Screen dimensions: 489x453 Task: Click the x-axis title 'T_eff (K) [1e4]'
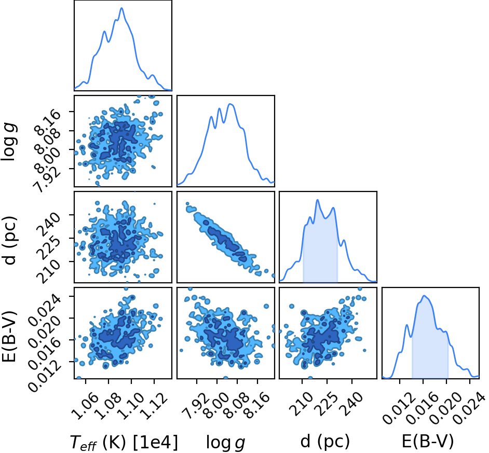click(x=124, y=442)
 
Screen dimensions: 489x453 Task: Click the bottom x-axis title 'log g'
click(x=225, y=443)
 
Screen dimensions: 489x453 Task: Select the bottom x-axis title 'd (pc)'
click(x=325, y=442)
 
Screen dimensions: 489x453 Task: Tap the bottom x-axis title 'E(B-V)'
click(x=428, y=442)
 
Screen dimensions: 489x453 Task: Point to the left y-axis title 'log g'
click(x=8, y=142)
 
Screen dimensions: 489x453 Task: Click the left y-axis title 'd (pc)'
click(x=9, y=240)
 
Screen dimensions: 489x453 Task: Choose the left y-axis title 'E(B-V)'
click(x=9, y=336)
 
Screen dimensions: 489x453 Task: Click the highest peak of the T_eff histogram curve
click(x=121, y=8)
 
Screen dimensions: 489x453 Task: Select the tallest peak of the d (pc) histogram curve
click(x=318, y=200)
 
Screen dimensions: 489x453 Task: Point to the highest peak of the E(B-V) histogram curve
click(x=424, y=296)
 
